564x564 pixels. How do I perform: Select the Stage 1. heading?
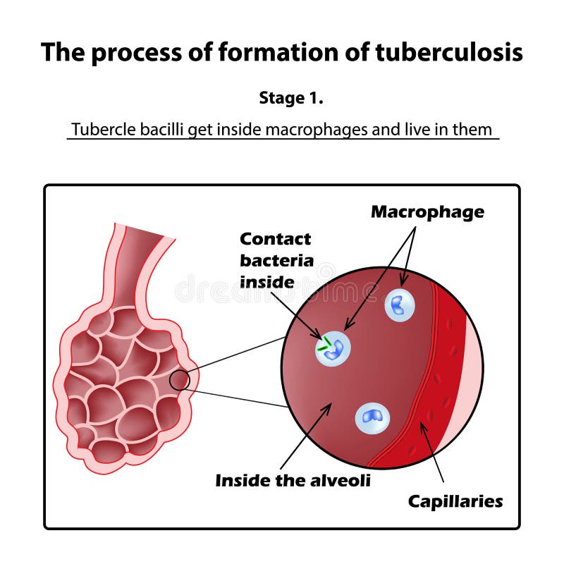(x=291, y=98)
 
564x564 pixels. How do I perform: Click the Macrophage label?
(x=427, y=211)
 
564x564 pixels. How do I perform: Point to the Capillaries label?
(x=455, y=501)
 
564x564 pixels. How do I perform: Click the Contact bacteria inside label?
(x=276, y=260)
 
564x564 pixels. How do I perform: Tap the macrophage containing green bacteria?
(x=333, y=348)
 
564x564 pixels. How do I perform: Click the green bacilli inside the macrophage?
(x=324, y=345)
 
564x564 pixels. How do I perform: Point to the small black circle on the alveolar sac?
(x=180, y=380)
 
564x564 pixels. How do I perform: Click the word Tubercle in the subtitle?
(x=98, y=130)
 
